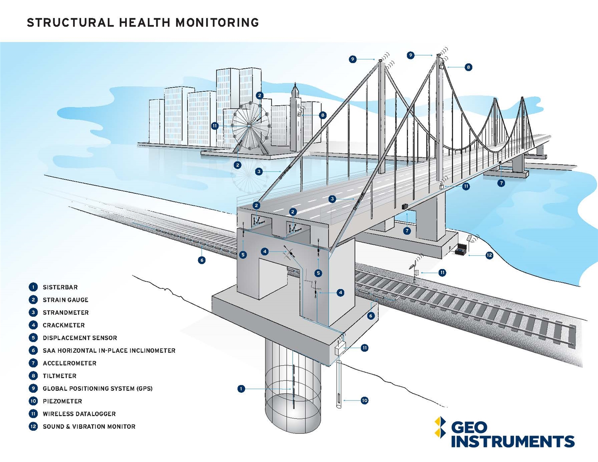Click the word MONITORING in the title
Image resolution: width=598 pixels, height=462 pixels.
[217, 23]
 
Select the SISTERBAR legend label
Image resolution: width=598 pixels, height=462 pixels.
[60, 287]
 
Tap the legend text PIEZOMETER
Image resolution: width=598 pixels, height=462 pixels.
[62, 401]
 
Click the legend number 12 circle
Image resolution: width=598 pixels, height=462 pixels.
[33, 427]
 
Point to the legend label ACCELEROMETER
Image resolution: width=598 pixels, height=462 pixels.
[70, 363]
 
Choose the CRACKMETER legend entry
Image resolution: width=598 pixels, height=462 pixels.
[64, 325]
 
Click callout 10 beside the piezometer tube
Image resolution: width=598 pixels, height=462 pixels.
[364, 401]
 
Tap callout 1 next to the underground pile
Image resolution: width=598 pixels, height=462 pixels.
[241, 389]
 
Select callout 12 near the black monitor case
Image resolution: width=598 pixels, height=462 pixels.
[489, 255]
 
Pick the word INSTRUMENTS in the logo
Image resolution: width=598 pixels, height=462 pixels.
[513, 442]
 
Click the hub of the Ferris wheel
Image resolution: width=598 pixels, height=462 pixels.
[249, 126]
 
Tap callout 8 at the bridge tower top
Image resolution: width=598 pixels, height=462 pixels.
[468, 67]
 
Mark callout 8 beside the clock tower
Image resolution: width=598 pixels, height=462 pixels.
[323, 115]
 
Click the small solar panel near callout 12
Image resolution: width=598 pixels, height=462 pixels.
[469, 238]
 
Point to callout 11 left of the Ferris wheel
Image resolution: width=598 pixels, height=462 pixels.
[215, 126]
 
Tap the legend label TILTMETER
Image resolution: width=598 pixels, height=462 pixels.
[59, 376]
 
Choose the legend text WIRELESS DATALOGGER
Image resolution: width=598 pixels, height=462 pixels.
[79, 414]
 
